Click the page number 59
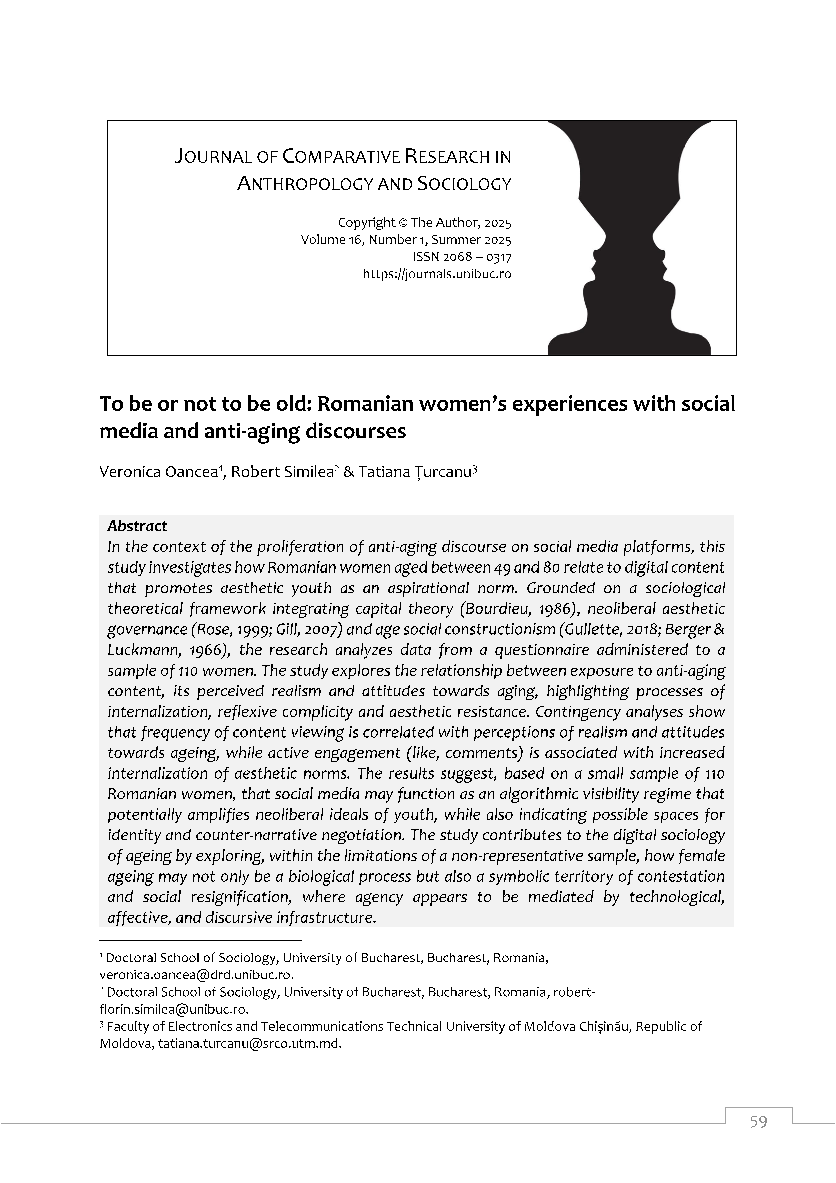tap(758, 1136)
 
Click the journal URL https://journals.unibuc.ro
tap(437, 274)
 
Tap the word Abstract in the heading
tap(137, 526)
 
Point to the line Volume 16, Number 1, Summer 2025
tap(406, 240)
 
